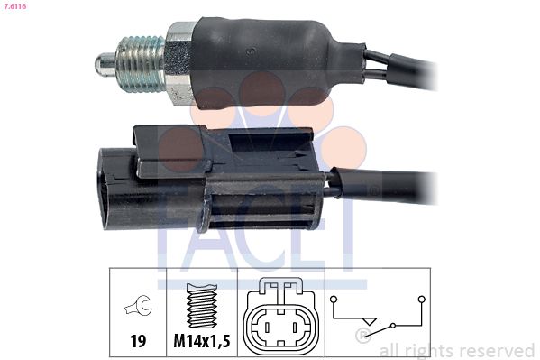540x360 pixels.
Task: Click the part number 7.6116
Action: [x=14, y=6]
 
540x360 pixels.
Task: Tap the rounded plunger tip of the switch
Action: [x=105, y=65]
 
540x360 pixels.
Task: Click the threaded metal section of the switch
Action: [x=141, y=64]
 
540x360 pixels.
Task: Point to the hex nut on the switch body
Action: [x=179, y=63]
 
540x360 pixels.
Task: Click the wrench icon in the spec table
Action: [x=138, y=305]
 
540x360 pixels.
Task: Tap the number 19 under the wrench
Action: [x=138, y=341]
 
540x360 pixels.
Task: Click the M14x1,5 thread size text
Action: [x=202, y=341]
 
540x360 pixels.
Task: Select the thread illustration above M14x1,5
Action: [x=201, y=306]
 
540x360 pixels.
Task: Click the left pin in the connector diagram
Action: [x=267, y=328]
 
